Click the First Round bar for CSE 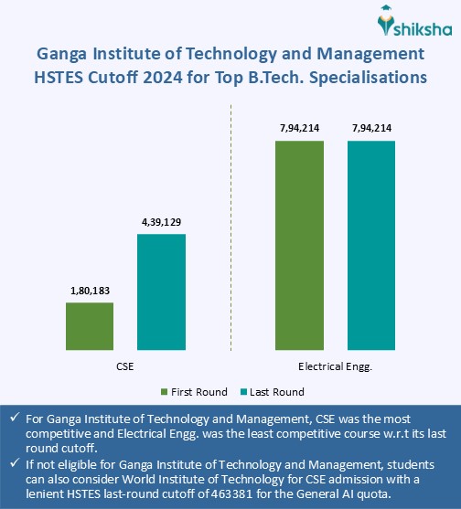tap(90, 325)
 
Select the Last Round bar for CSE tap(161, 292)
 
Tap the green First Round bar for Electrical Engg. tap(299, 245)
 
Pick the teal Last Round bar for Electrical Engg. tap(370, 245)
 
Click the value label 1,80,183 tap(90, 292)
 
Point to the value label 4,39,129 tap(161, 222)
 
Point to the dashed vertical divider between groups tap(230, 228)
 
